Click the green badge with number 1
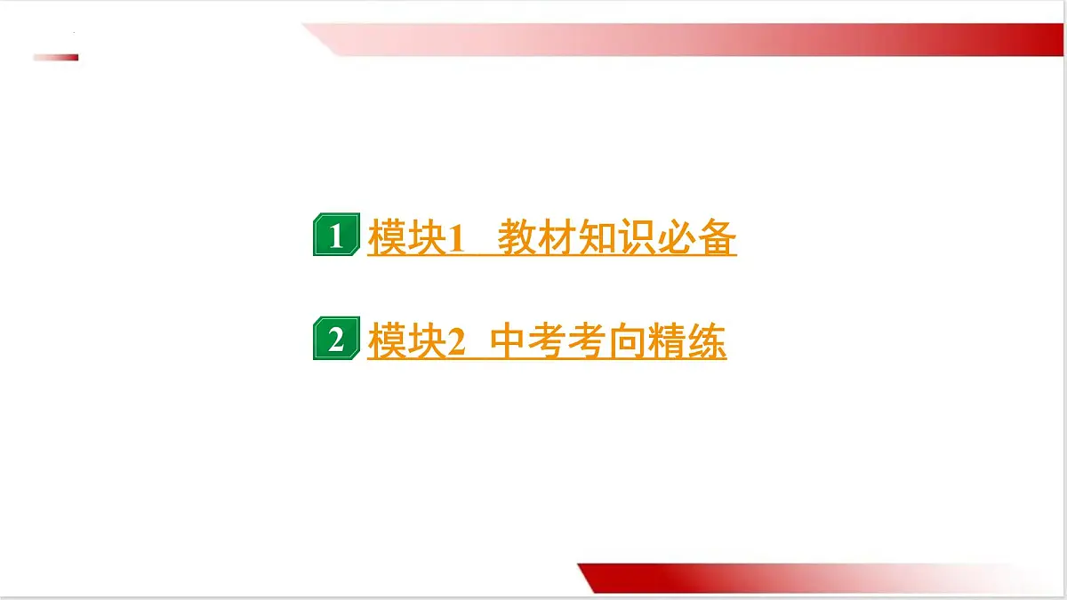[336, 236]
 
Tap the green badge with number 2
[336, 340]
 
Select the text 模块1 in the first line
[417, 237]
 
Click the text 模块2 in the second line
[417, 342]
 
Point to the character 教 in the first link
[517, 237]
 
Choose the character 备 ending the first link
[717, 237]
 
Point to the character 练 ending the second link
[707, 342]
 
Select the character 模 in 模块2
[388, 342]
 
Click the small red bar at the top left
[56, 58]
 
